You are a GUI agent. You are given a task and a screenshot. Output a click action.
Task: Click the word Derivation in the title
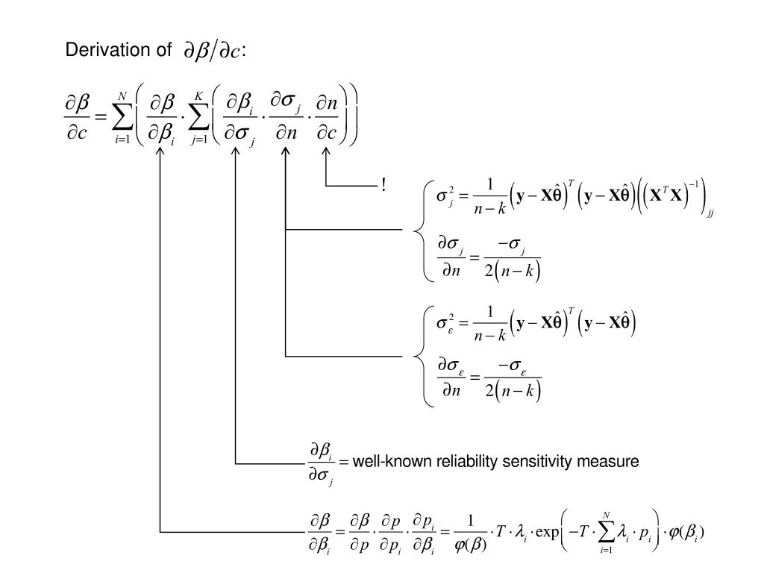click(x=98, y=50)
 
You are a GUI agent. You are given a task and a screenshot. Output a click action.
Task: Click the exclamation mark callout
click(x=383, y=185)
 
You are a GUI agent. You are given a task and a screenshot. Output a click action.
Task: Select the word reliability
click(x=463, y=462)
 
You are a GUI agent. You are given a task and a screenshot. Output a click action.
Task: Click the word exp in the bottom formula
click(x=546, y=533)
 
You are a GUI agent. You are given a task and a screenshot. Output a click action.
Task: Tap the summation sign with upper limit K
click(x=198, y=118)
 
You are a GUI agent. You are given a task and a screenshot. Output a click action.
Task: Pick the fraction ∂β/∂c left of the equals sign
click(x=78, y=118)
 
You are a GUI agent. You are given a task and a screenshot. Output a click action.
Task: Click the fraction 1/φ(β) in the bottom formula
click(x=469, y=533)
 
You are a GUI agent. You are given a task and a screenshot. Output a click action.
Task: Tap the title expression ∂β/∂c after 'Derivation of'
click(x=212, y=51)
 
